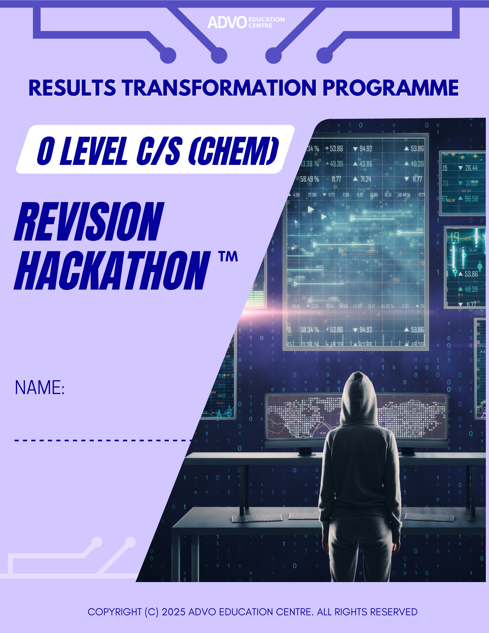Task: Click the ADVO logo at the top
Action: pos(246,22)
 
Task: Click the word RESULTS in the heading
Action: pos(72,88)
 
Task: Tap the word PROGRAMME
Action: pos(390,88)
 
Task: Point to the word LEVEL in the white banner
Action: pos(94,151)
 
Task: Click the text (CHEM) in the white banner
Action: pos(234,151)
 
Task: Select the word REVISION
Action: pos(89,222)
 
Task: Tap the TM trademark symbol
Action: pos(228,256)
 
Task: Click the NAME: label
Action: pos(40,387)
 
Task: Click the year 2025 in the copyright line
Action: pos(173,612)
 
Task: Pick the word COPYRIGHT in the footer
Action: pos(115,612)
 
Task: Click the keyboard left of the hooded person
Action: pos(257,518)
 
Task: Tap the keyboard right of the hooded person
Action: pos(429,517)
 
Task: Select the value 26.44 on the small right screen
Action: pos(471,168)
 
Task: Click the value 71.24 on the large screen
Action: pos(366,179)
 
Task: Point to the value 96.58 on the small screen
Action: pos(471,199)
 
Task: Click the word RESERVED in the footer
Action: pos(393,612)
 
